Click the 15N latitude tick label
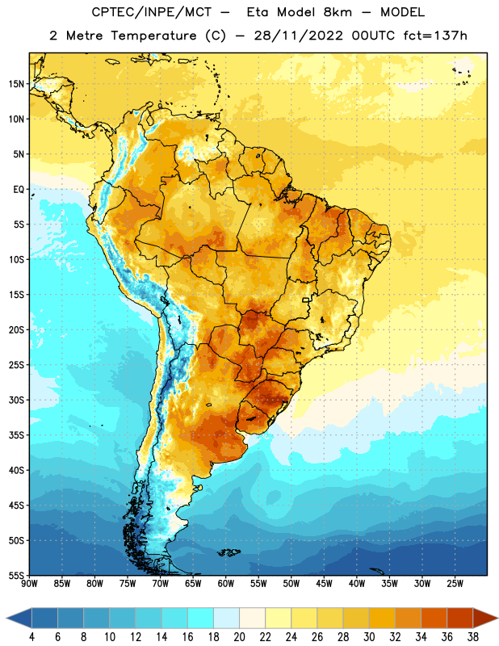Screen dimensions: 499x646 click(16, 84)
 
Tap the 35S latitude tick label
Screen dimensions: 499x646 click(16, 435)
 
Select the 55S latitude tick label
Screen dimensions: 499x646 click(16, 576)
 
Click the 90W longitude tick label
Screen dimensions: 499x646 click(30, 584)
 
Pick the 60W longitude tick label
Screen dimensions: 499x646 click(226, 584)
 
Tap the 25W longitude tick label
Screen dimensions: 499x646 click(455, 584)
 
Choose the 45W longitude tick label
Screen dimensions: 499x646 click(324, 584)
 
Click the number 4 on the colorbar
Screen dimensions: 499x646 click(31, 637)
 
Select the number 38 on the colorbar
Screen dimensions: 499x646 click(472, 637)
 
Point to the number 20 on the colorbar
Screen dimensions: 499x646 click(239, 637)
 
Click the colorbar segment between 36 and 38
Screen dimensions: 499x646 click(460, 619)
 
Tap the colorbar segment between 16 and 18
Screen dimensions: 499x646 click(201, 619)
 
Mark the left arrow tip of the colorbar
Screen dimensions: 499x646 click(6, 619)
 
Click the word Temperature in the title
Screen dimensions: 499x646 click(153, 36)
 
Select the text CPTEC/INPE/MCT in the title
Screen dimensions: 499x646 click(151, 12)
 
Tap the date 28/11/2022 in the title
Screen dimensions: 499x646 click(298, 36)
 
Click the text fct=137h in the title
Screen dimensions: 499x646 click(435, 36)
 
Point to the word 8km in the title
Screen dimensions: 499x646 click(338, 12)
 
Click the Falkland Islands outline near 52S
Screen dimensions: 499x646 click(229, 552)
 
